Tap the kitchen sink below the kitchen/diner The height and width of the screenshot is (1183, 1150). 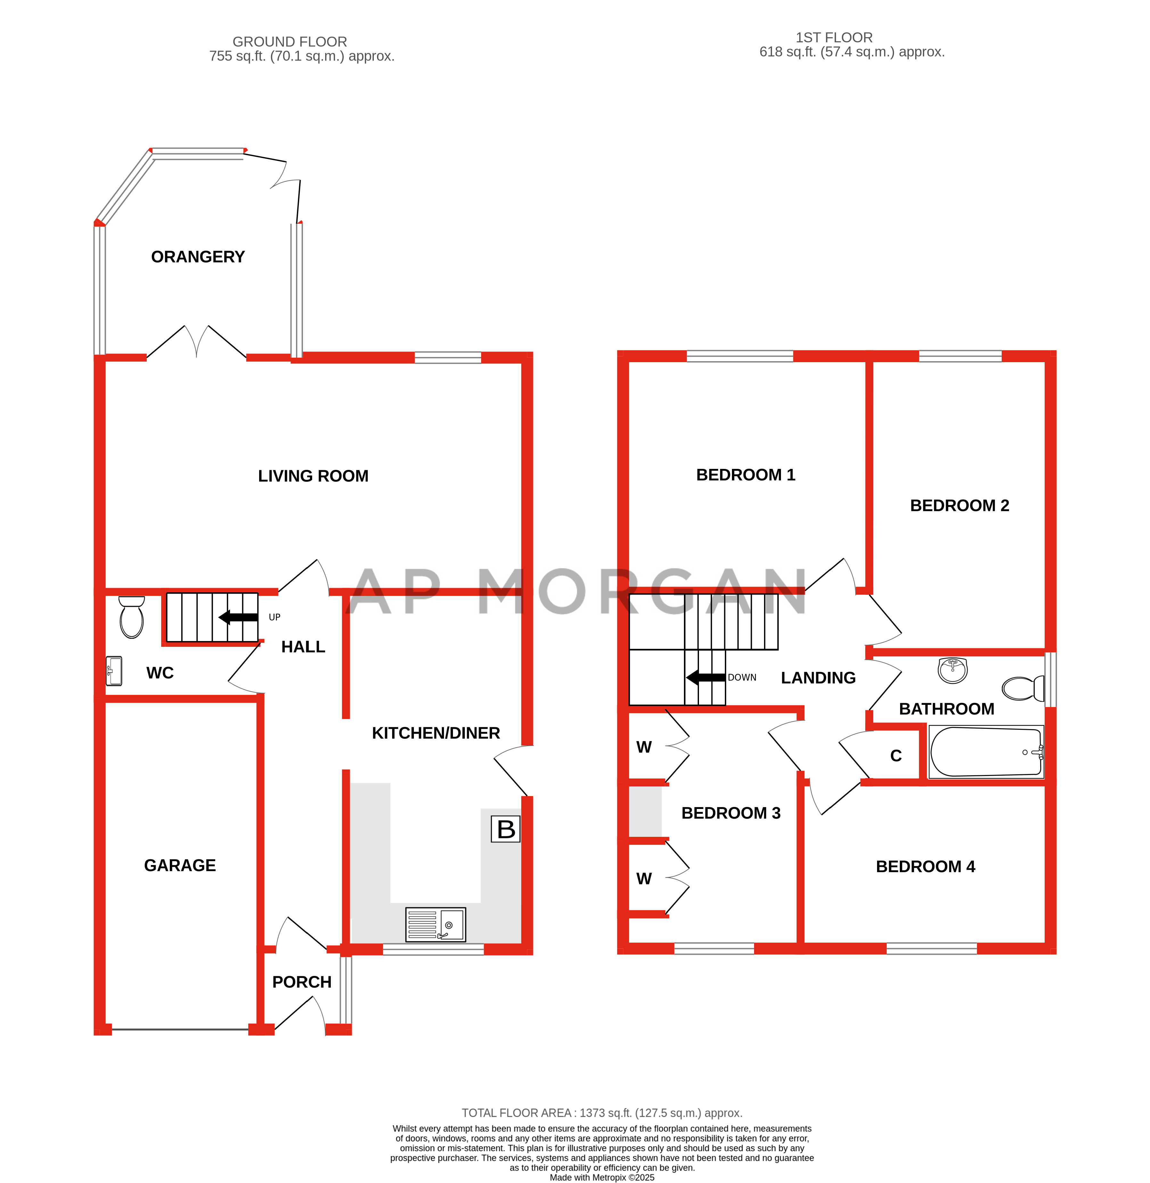435,924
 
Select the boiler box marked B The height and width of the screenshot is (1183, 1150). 505,829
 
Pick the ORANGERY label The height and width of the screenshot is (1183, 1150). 198,257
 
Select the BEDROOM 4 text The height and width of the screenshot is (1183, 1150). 925,866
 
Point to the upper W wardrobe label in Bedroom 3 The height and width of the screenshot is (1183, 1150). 644,747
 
